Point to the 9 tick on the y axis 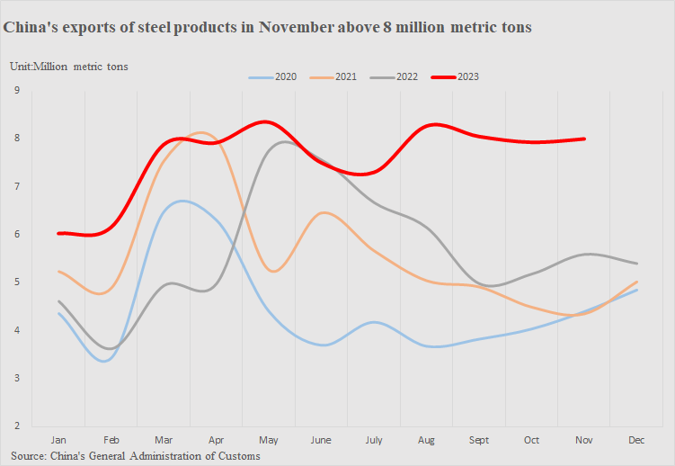(17, 90)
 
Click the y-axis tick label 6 (17, 234)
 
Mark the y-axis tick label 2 (17, 426)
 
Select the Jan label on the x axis (59, 441)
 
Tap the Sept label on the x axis (479, 441)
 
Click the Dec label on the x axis (636, 441)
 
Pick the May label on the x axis (269, 441)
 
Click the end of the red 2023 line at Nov (584, 139)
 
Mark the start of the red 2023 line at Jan (59, 233)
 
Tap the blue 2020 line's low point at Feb (106, 361)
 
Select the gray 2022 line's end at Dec (636, 264)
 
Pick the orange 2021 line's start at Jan (59, 271)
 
